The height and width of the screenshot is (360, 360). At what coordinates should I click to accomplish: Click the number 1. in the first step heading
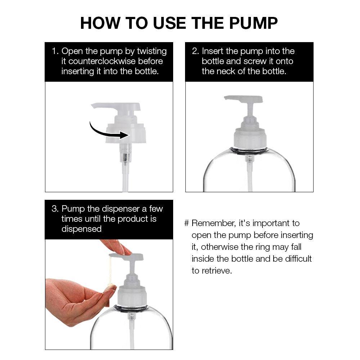pos(55,51)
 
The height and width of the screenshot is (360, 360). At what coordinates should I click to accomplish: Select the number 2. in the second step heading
pos(195,51)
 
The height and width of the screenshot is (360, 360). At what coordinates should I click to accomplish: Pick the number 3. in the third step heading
pos(55,209)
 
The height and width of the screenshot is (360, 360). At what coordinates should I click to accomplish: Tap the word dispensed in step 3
pos(81,229)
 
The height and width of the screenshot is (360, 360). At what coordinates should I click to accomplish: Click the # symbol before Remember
pos(186,223)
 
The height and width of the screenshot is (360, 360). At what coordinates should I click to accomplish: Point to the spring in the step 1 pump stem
pos(125,158)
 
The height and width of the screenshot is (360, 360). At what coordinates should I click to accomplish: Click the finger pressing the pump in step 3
pos(117,247)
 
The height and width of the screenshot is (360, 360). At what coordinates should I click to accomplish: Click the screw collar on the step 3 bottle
pos(132,296)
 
